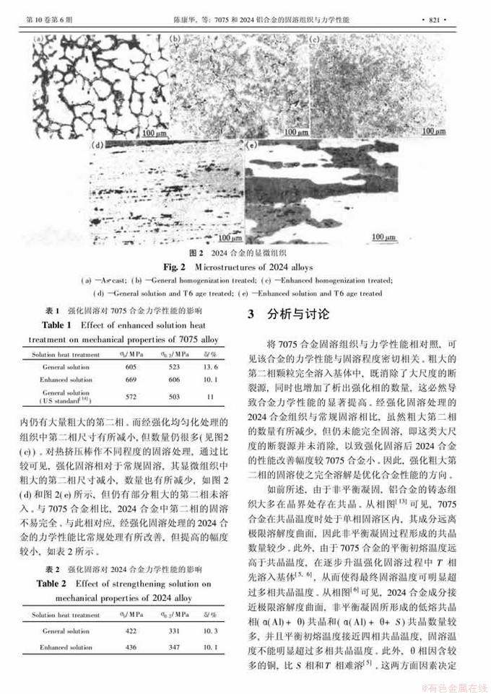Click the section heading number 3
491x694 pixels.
click(252, 315)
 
